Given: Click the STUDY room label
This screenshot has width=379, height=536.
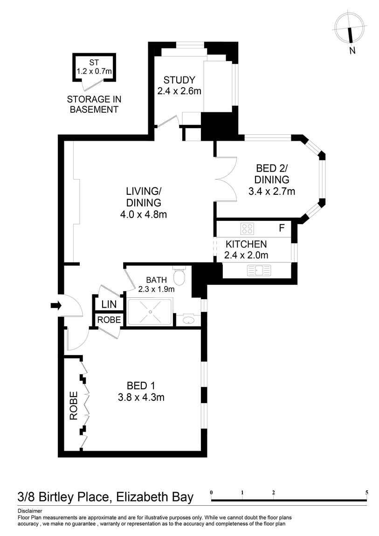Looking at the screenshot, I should click(x=179, y=80).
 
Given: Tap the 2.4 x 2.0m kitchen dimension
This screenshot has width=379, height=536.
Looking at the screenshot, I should click(x=246, y=255).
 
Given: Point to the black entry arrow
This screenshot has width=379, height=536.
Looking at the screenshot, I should click(x=56, y=306).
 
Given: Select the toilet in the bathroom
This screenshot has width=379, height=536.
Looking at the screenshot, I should click(x=179, y=277).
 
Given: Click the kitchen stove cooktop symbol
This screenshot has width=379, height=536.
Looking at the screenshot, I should click(x=247, y=229).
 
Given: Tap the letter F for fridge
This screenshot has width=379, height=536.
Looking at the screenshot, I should click(x=281, y=228).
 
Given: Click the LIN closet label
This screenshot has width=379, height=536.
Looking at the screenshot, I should click(x=109, y=304).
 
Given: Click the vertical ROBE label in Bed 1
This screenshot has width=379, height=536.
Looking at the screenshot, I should click(x=74, y=406).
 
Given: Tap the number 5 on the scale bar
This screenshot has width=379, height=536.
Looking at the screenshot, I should click(x=367, y=492).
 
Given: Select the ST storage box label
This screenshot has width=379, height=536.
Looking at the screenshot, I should click(x=94, y=63).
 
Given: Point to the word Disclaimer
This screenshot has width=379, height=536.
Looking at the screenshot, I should click(x=30, y=511).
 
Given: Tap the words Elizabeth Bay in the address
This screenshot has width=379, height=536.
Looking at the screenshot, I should click(x=153, y=497).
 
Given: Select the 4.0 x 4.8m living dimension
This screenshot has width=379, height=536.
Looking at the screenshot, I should click(x=144, y=215).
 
